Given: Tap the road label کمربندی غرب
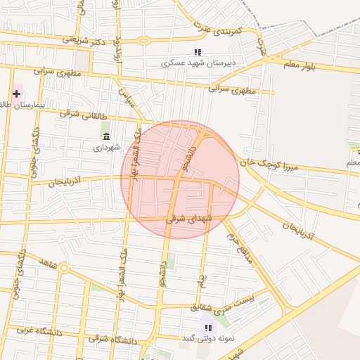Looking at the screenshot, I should click(218, 30).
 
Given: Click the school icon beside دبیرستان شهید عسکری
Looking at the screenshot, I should click(198, 52).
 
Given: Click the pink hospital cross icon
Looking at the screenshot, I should click(16, 94).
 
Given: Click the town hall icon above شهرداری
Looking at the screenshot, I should click(106, 136).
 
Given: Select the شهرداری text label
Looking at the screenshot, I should click(107, 148).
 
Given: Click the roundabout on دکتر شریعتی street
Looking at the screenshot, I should click(144, 40).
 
